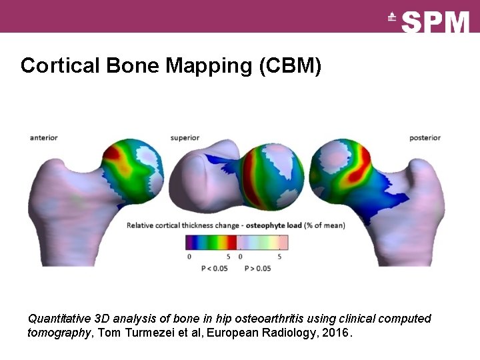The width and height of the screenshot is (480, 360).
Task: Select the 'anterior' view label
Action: coord(44,138)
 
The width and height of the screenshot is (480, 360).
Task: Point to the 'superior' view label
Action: coord(185,138)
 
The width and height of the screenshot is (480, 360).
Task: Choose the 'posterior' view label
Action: coord(425,138)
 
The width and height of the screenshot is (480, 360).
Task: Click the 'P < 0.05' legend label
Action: coord(214,269)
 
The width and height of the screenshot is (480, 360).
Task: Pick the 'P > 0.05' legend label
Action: coord(258,269)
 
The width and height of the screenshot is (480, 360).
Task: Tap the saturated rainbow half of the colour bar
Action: coord(211,242)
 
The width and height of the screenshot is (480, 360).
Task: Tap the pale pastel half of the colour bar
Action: coord(263,242)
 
